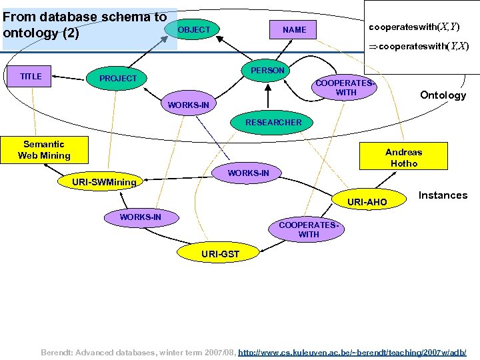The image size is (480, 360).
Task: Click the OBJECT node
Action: pos(193,29)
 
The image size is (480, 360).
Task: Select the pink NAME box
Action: pos(294,30)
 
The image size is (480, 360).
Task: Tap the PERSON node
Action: pos(267,71)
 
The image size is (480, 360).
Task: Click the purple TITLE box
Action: pos(31,77)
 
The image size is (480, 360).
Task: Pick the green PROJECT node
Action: pos(118,79)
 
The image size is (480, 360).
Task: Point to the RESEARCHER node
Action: pos(273,122)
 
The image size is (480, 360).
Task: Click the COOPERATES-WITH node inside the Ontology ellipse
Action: pos(345,88)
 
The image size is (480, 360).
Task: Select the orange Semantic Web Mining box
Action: pos(44,150)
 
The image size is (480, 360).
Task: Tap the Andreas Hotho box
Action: pos(403,158)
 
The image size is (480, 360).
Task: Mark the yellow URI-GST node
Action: pos(220,254)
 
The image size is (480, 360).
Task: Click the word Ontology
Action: pos(443,95)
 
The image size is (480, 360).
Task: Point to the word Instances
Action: pos(443,195)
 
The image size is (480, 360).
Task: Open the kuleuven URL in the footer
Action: pos(352,351)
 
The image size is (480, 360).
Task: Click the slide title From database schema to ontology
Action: pos(85,25)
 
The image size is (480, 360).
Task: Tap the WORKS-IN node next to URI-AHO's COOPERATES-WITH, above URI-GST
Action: pos(140,217)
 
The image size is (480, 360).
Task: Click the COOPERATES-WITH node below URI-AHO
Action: pos(309,229)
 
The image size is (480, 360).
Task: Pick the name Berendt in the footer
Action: pos(57,351)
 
